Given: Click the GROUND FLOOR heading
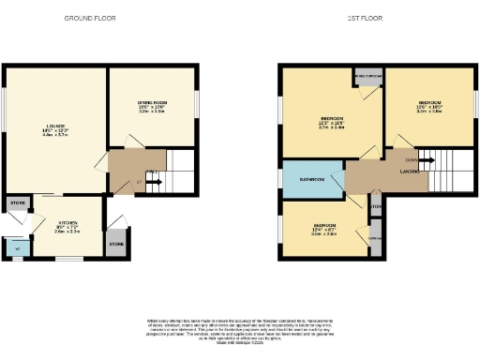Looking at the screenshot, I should [90, 18].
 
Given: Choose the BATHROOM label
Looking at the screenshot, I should [312, 179].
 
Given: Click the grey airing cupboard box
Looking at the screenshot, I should [367, 78].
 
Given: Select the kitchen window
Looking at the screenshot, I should [66, 259].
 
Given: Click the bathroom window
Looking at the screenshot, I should [279, 179].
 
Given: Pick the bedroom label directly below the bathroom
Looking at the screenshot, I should [324, 228].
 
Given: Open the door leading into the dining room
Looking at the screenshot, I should [132, 141].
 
